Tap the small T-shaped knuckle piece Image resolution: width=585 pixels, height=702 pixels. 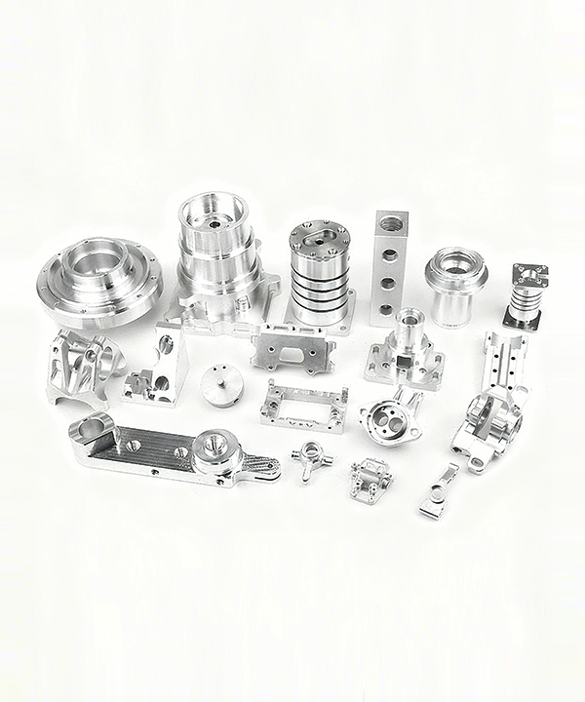coord(309,457)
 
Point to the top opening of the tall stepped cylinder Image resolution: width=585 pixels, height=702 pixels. coord(213,213)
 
